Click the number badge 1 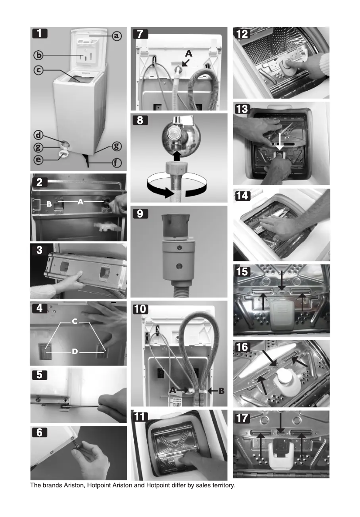tap(40, 33)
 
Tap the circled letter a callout tap(116, 35)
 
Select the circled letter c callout tap(40, 70)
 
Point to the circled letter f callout tap(116, 163)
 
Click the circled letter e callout tap(40, 159)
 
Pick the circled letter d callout tap(40, 135)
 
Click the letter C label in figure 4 tap(75, 321)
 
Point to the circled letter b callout tap(40, 55)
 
